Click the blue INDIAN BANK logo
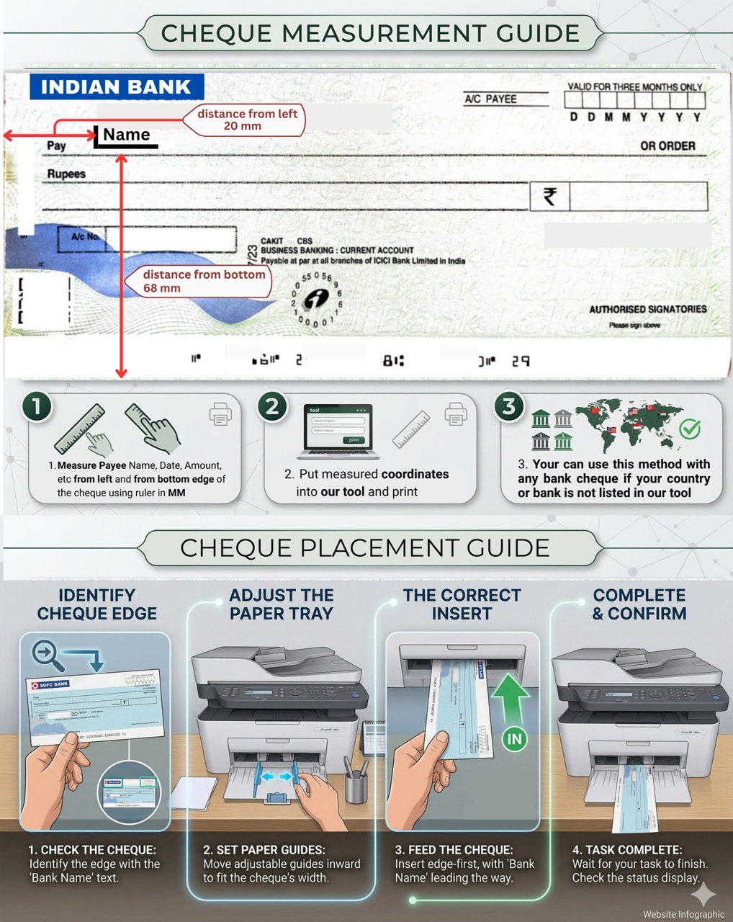pyautogui.click(x=116, y=86)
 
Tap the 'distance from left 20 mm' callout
pyautogui.click(x=246, y=120)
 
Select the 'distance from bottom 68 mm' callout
pyautogui.click(x=203, y=281)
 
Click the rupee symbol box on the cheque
pyautogui.click(x=549, y=196)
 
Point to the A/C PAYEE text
pyautogui.click(x=490, y=99)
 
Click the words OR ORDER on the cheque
pyautogui.click(x=667, y=146)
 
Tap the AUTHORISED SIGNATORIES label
pyautogui.click(x=647, y=309)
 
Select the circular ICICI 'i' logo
pyautogui.click(x=316, y=299)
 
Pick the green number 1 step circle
pyautogui.click(x=36, y=406)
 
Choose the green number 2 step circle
pyautogui.click(x=272, y=406)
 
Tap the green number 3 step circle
pyautogui.click(x=508, y=406)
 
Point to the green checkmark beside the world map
pyautogui.click(x=690, y=429)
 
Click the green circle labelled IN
pyautogui.click(x=514, y=738)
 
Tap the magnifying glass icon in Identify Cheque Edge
pyautogui.click(x=45, y=654)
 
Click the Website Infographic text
pyautogui.click(x=683, y=914)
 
